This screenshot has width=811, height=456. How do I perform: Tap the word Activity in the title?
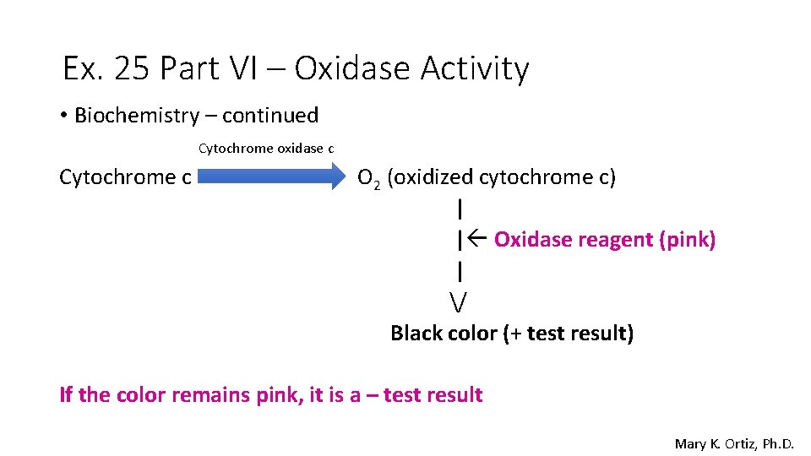tap(481, 68)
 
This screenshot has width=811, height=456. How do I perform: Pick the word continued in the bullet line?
tap(270, 116)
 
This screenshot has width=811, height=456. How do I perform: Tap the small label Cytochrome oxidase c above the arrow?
tap(266, 149)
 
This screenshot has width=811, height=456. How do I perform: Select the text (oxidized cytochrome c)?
tap(502, 177)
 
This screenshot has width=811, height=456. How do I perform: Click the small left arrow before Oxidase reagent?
tap(474, 240)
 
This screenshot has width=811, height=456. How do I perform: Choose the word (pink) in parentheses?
tap(688, 240)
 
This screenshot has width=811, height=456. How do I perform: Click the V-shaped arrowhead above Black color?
tap(459, 301)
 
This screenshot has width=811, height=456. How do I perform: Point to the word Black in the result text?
tap(413, 334)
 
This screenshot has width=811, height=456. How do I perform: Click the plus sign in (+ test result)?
tap(514, 334)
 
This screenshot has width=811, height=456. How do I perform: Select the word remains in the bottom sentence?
tap(210, 395)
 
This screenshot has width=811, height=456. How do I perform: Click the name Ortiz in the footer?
tap(732, 443)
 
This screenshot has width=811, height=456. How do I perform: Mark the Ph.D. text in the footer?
tap(777, 443)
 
